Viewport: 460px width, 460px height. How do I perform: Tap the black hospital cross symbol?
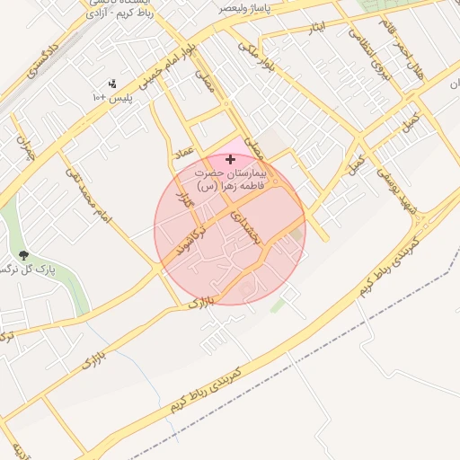(231, 159)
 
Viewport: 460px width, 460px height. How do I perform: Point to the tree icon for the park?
(23, 256)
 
